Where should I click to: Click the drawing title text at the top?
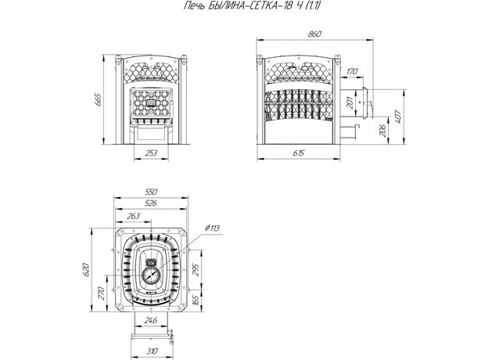[252, 5]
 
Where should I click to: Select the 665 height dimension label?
[98, 99]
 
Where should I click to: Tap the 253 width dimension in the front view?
[151, 153]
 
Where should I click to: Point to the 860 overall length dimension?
[314, 34]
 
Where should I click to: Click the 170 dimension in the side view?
[352, 71]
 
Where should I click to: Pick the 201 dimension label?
[350, 103]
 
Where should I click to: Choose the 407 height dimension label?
[398, 117]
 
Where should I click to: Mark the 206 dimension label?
[382, 131]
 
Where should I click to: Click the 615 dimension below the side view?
[299, 153]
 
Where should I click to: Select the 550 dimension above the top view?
[151, 192]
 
